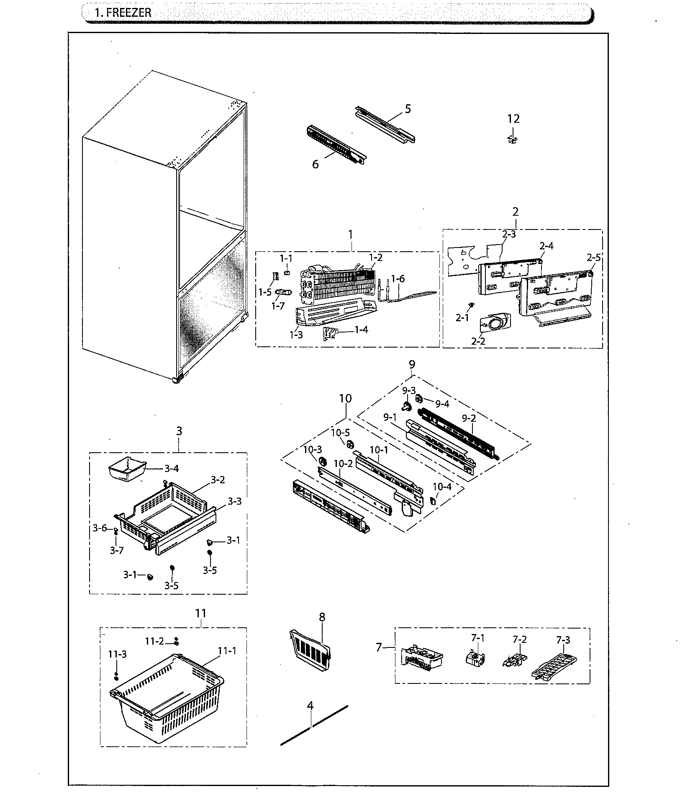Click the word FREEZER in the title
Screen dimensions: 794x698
(x=128, y=13)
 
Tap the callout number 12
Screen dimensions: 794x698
(x=513, y=119)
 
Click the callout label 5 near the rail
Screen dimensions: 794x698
(x=408, y=109)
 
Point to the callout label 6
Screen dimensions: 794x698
(x=315, y=165)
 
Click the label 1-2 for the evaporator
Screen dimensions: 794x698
(x=376, y=258)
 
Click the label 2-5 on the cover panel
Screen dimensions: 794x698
(x=593, y=258)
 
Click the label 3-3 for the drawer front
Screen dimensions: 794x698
(x=234, y=501)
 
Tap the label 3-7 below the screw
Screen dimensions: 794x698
(x=117, y=550)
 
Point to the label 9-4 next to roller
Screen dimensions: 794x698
(x=442, y=404)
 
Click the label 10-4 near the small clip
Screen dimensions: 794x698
(x=442, y=487)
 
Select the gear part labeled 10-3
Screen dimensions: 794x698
(x=323, y=461)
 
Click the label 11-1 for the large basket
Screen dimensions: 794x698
(x=227, y=650)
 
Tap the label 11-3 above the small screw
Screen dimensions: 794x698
(x=118, y=654)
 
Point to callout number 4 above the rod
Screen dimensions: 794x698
(x=310, y=706)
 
